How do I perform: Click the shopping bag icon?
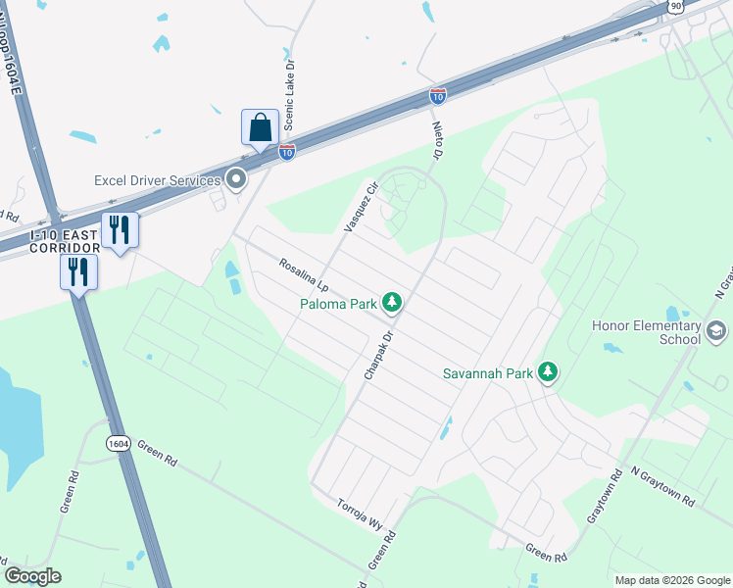[260, 128]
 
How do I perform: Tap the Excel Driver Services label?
[157, 180]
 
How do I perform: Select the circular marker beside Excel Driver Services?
[235, 179]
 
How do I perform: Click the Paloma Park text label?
[338, 305]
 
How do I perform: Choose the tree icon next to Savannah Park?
[549, 372]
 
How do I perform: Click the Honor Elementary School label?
[646, 332]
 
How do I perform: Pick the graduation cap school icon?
[716, 332]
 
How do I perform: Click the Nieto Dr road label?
[438, 136]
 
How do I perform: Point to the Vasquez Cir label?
[361, 207]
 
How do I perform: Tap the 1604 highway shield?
[119, 444]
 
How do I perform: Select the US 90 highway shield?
[676, 6]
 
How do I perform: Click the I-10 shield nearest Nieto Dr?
[437, 95]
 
